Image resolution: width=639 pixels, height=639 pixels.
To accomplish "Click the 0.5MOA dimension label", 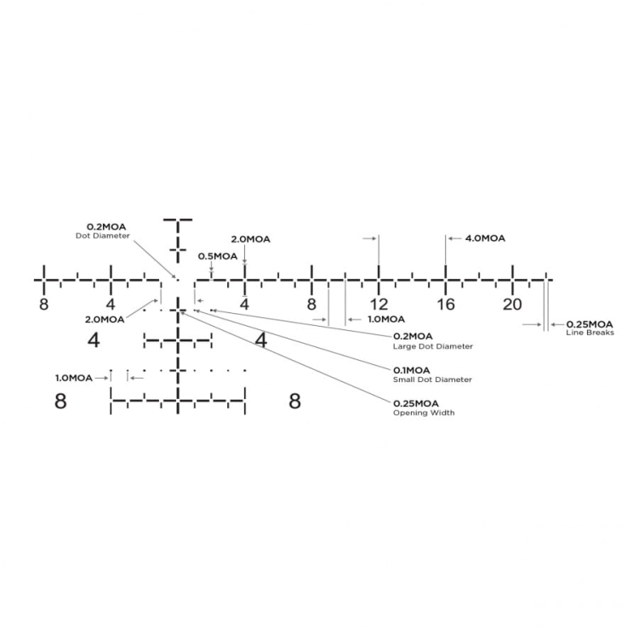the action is [x=218, y=256].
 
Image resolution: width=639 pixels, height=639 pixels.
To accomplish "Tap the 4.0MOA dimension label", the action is [x=485, y=238].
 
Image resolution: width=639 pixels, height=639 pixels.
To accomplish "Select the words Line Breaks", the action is [x=590, y=333].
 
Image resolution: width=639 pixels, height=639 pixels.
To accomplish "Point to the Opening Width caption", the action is [x=424, y=413].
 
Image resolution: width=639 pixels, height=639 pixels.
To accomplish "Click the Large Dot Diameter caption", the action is [x=433, y=346].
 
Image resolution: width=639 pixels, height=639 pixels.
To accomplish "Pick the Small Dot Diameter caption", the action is [x=432, y=379].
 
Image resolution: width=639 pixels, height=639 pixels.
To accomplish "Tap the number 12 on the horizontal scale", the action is [x=379, y=305].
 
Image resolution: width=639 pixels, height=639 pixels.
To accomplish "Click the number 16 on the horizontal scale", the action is [x=445, y=305].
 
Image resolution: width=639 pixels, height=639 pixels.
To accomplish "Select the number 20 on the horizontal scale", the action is [x=512, y=305].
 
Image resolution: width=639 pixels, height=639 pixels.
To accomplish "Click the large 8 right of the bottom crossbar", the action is [x=294, y=401].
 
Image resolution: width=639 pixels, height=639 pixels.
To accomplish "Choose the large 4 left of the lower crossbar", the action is [x=94, y=339].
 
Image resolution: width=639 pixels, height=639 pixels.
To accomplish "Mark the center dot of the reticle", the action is [x=177, y=280].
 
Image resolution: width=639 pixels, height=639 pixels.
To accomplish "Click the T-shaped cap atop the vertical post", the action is [x=178, y=220].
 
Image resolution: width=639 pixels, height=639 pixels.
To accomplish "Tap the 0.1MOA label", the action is [x=412, y=370].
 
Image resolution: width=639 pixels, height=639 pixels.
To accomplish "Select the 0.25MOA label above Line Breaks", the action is [x=590, y=324].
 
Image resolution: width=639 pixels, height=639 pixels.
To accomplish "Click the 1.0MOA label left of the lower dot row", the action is [x=74, y=378].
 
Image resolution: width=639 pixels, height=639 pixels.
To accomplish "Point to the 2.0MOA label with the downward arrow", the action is [x=251, y=239].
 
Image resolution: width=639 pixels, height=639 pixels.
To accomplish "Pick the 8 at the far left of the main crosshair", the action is [x=43, y=305].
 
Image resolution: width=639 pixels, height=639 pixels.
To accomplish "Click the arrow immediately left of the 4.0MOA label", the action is [x=454, y=238].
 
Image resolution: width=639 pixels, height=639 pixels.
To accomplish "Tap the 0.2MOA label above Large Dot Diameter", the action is [x=413, y=337].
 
